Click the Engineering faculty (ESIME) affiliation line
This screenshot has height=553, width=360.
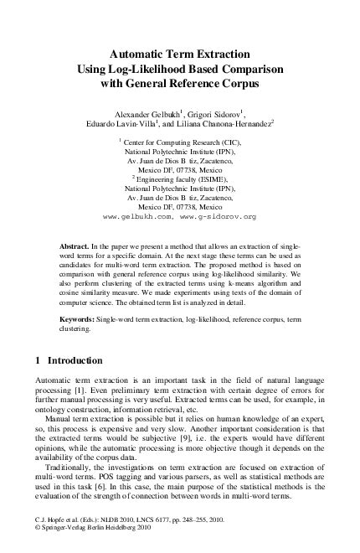pyautogui.click(x=183, y=179)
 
